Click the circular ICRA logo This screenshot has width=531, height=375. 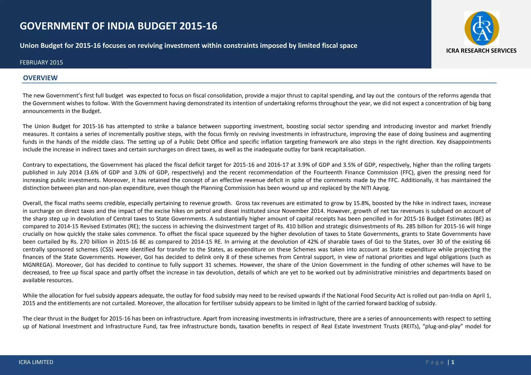point(481,28)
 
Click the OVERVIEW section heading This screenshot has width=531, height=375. point(40,78)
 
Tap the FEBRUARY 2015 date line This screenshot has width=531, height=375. point(41,62)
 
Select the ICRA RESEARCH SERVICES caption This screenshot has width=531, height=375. point(481,51)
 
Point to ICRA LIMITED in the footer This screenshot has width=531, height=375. point(36,362)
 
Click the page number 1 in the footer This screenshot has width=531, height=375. point(453,362)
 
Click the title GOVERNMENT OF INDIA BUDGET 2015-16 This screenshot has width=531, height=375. point(118,26)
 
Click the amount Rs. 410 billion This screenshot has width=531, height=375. point(294,226)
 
